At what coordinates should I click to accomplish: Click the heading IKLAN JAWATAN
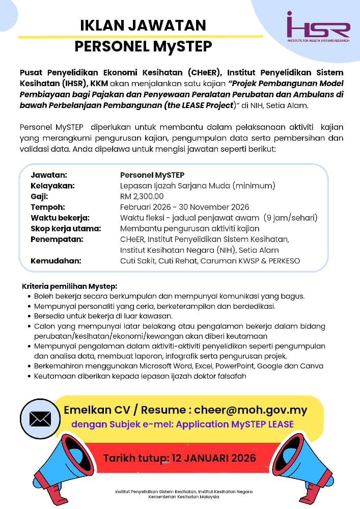pos(143,25)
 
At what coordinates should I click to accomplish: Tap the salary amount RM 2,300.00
pos(142,196)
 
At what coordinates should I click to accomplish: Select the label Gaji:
pos(39,196)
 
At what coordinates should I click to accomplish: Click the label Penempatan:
pos(57,239)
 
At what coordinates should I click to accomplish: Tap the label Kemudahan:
pos(56,261)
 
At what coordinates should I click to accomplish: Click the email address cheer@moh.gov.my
pos(250,410)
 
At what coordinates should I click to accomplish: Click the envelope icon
pos(40,418)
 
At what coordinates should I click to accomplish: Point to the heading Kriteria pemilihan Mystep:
pos(70,286)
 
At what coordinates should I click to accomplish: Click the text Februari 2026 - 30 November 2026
pos(184,207)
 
